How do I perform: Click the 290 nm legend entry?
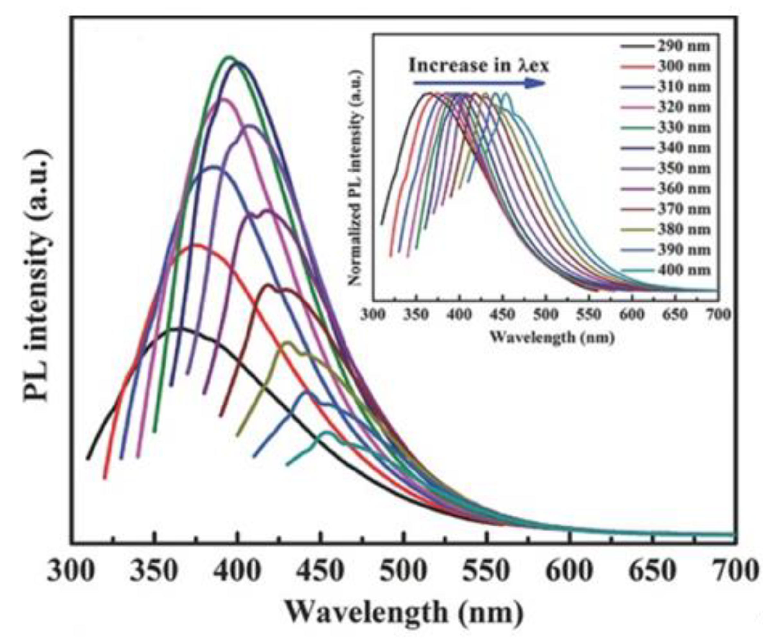point(665,46)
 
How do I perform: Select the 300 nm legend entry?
point(665,67)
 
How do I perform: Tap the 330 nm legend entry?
point(665,128)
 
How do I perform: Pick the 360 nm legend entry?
point(665,189)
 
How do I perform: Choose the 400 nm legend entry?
point(665,270)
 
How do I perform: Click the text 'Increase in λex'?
point(479,66)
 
